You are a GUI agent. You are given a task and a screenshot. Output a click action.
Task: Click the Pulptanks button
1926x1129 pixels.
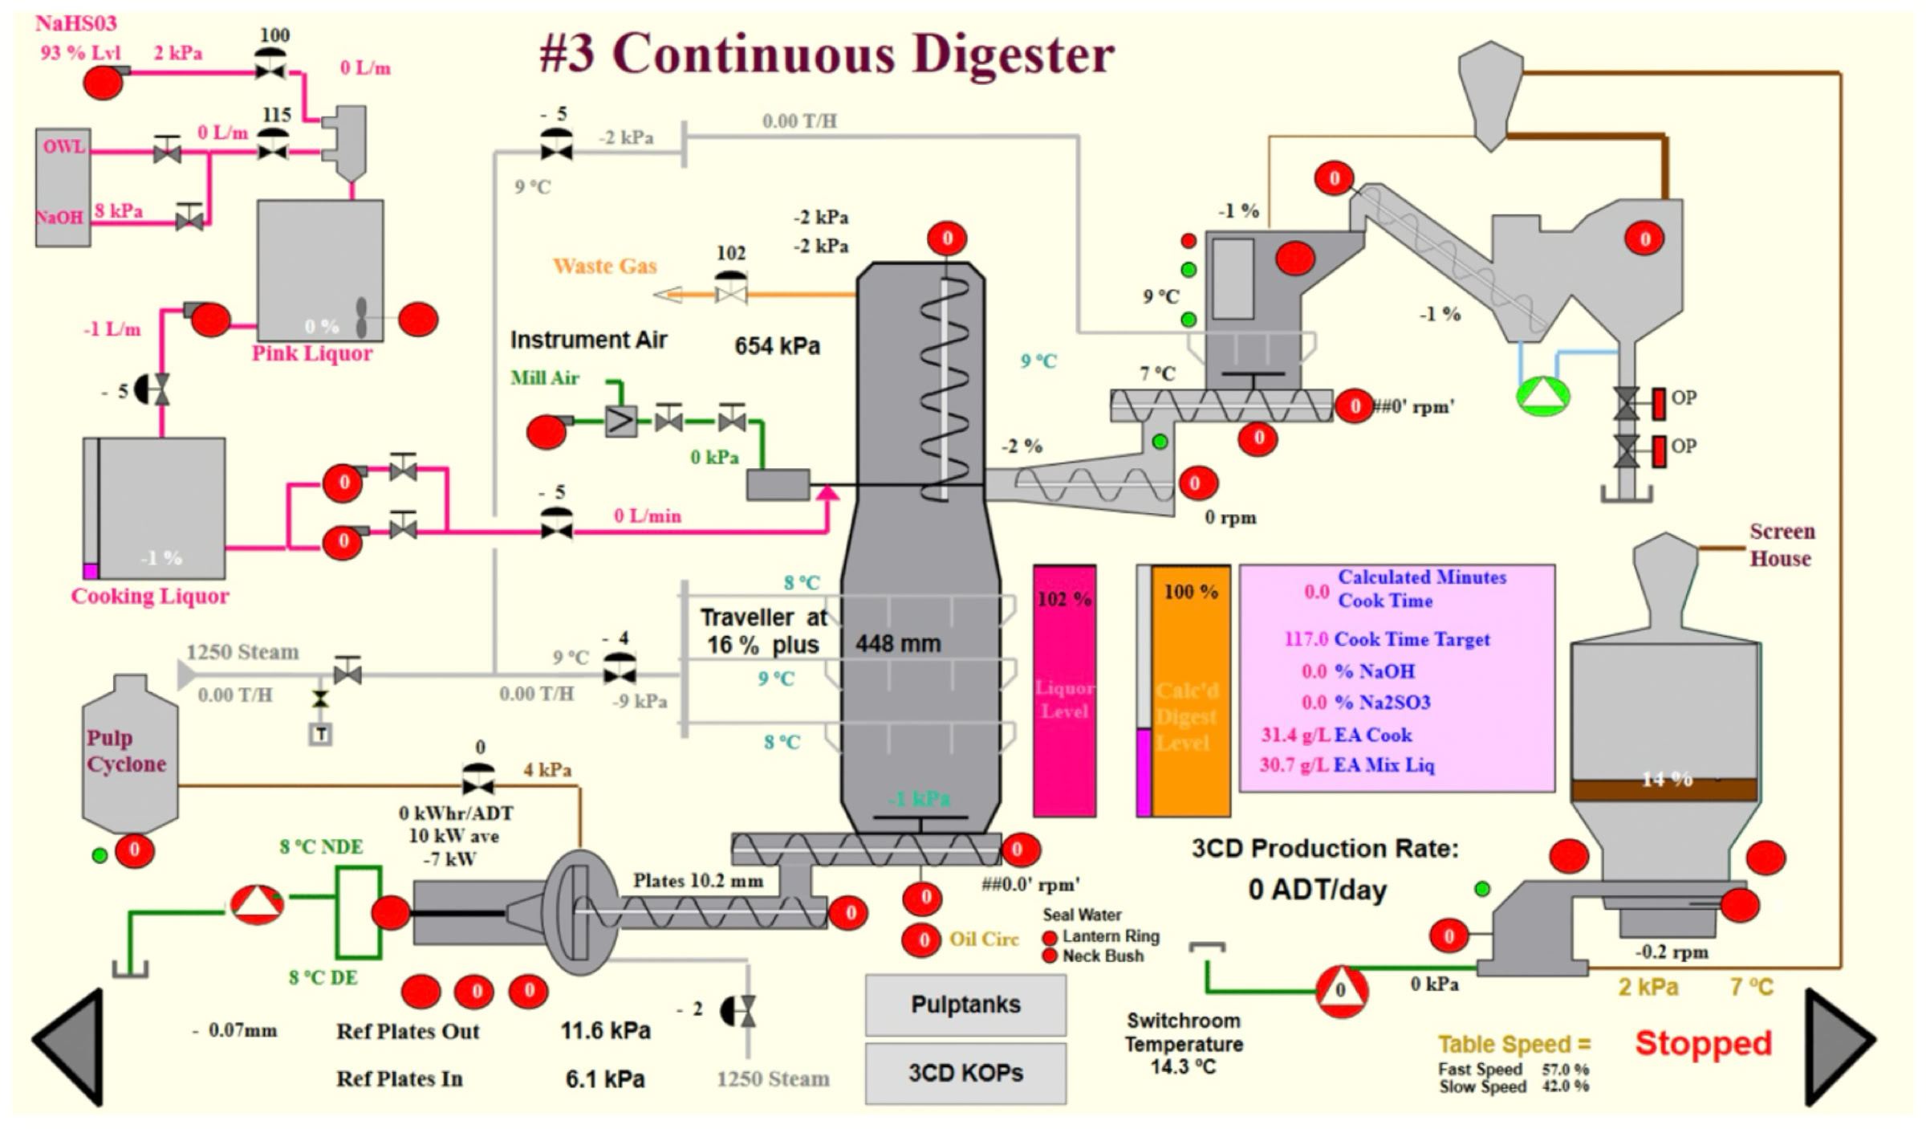pyautogui.click(x=965, y=1005)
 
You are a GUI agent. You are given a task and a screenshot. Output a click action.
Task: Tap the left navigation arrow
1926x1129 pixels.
pyautogui.click(x=71, y=1046)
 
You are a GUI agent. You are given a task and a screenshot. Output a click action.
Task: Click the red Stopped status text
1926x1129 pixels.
pyautogui.click(x=1703, y=1043)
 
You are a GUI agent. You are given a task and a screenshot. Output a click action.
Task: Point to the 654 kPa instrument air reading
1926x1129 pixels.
pyautogui.click(x=777, y=346)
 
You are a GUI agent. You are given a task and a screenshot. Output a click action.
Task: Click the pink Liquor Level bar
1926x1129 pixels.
pyautogui.click(x=1064, y=691)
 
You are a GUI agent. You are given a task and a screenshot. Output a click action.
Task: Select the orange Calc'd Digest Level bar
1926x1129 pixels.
pyautogui.click(x=1190, y=691)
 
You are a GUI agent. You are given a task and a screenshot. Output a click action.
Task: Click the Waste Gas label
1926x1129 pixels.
pyautogui.click(x=605, y=266)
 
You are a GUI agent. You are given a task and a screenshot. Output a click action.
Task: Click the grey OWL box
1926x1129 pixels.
pyautogui.click(x=63, y=148)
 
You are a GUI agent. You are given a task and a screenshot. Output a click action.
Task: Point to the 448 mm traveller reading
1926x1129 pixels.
pyautogui.click(x=898, y=643)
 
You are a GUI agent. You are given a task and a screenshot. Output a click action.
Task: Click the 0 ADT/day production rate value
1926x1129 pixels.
pyautogui.click(x=1317, y=890)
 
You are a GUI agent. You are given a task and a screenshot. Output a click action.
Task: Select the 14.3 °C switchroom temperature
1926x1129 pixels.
pyautogui.click(x=1183, y=1067)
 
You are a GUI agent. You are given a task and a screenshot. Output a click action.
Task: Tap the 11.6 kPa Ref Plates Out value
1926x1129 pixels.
pyautogui.click(x=605, y=1030)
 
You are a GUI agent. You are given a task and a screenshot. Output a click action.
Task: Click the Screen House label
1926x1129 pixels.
pyautogui.click(x=1781, y=544)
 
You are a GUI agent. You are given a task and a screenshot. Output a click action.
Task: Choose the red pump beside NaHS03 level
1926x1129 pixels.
pyautogui.click(x=103, y=81)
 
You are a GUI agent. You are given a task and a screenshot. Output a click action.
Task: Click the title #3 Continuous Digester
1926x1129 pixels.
pyautogui.click(x=827, y=54)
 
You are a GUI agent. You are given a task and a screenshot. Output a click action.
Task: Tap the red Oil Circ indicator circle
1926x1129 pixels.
pyautogui.click(x=923, y=939)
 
